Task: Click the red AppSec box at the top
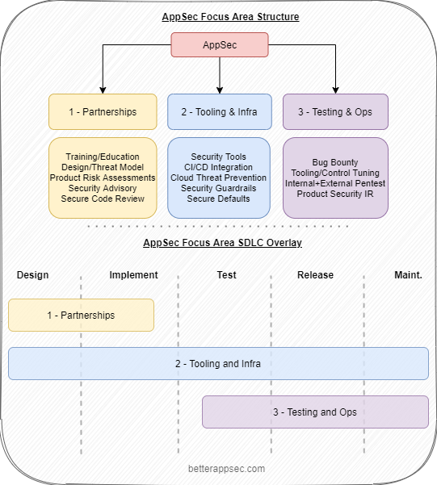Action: point(219,45)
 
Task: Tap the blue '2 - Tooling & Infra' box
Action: point(219,111)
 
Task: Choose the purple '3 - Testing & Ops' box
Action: point(335,111)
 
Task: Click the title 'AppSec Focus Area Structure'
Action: point(219,16)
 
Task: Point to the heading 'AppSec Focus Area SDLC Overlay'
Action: point(219,243)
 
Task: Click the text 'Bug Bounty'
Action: point(335,162)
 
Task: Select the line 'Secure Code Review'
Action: point(102,199)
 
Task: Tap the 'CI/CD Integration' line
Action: point(218,167)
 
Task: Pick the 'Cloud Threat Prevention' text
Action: point(218,178)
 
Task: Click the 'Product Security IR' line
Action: point(335,194)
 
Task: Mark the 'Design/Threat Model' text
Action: point(102,167)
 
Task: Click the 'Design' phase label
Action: point(32,275)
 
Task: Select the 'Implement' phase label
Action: point(133,275)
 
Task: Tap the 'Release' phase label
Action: point(315,275)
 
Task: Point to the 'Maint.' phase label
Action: point(407,275)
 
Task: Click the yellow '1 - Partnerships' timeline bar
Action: point(81,315)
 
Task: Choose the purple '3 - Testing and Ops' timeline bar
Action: point(315,412)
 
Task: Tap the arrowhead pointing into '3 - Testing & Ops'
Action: point(335,90)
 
